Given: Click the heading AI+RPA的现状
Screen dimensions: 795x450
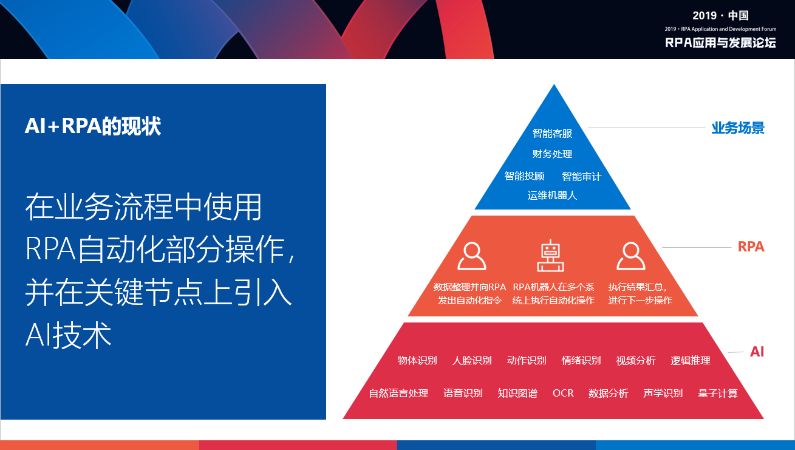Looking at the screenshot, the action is (x=93, y=126).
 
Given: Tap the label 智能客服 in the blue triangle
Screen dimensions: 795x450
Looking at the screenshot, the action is (x=552, y=134).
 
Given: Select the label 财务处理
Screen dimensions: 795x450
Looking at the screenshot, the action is (x=552, y=154).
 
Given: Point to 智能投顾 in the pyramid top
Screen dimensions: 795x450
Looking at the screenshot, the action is (x=524, y=176).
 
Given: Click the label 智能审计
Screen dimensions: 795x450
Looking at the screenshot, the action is (x=582, y=176).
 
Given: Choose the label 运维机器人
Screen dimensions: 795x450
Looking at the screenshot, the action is (x=552, y=196).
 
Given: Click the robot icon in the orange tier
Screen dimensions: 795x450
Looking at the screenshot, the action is (x=550, y=256).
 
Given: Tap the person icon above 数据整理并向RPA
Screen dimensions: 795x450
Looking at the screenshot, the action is (x=472, y=256).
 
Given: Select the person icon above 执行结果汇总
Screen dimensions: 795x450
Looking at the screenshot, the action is (x=630, y=256).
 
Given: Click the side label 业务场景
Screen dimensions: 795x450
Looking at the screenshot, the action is (x=738, y=128).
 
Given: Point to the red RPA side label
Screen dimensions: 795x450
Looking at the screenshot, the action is (x=751, y=247).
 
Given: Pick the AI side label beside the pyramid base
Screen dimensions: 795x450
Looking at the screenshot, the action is (x=757, y=352).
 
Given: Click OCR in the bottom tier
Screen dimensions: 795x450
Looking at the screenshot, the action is (x=563, y=393).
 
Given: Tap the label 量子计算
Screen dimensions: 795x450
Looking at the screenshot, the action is (x=718, y=393).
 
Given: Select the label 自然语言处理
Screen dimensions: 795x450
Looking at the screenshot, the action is (x=398, y=393).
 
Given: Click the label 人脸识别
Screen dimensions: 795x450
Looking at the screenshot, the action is (x=472, y=361).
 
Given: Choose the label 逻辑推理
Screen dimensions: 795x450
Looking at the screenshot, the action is (x=691, y=361).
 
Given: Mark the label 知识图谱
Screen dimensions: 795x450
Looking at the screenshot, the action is (x=517, y=393).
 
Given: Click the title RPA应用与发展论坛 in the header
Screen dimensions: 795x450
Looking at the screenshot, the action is (x=720, y=43).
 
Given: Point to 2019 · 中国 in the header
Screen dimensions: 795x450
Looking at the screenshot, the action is (x=720, y=16).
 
